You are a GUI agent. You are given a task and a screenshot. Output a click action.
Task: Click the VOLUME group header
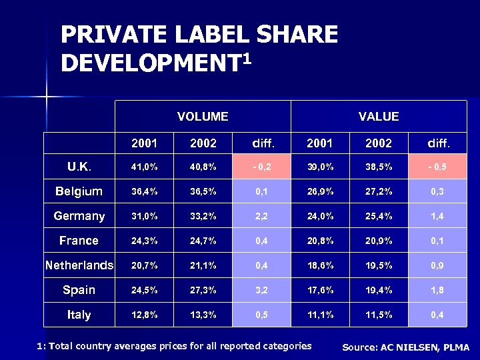tap(203, 117)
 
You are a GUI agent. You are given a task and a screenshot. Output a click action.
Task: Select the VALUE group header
tap(379, 117)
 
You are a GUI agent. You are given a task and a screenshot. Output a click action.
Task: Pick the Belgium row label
tap(79, 191)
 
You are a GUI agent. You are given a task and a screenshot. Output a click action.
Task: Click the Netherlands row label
tap(79, 265)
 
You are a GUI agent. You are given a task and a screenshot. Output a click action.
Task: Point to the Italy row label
tap(79, 315)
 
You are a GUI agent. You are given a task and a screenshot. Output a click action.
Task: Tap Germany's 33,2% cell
tap(203, 216)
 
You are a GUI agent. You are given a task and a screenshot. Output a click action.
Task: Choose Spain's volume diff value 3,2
tap(261, 290)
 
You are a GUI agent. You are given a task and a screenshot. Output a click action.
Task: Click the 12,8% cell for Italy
tap(145, 315)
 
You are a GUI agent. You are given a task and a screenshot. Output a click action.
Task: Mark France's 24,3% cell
tap(145, 241)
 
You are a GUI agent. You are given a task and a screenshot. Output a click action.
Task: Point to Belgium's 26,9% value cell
tap(320, 191)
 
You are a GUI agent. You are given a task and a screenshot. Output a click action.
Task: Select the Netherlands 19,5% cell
tap(379, 265)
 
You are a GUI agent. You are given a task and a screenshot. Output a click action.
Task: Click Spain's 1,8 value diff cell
tap(437, 290)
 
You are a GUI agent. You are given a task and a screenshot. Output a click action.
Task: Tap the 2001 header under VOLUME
tap(145, 143)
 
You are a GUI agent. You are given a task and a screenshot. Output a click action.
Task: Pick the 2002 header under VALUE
tap(379, 143)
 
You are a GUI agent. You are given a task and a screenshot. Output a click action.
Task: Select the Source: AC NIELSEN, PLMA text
tap(405, 347)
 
